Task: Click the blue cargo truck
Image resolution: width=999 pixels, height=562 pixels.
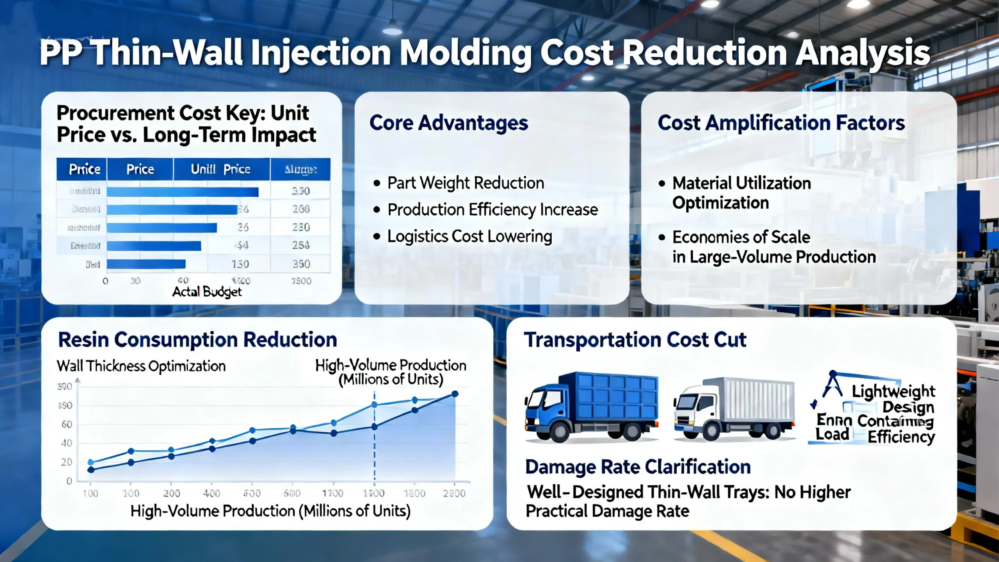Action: tap(592, 406)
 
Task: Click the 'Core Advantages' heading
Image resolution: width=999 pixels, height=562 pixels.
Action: tap(448, 123)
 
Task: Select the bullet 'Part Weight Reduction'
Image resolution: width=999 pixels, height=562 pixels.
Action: tap(465, 183)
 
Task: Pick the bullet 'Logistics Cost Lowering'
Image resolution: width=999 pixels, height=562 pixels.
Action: tap(469, 237)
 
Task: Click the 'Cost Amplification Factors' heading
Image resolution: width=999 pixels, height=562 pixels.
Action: tap(781, 123)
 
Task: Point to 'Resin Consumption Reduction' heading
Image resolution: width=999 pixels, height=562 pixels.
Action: tap(197, 340)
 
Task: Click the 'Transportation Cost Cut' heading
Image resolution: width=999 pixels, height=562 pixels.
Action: tap(635, 340)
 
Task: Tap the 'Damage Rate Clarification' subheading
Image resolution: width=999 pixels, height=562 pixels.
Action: tap(638, 467)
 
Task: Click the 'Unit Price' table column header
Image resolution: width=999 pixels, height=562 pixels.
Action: tap(220, 169)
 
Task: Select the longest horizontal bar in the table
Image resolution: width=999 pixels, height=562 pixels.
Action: tap(183, 192)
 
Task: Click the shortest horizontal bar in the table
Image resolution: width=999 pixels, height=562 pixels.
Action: tap(146, 264)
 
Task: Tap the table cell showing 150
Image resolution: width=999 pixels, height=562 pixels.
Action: tap(240, 264)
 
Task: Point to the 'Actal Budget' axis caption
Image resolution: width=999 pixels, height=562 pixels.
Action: tap(207, 292)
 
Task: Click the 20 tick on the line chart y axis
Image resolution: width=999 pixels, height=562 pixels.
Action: tap(67, 462)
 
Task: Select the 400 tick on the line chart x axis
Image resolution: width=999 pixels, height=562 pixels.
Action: tap(212, 493)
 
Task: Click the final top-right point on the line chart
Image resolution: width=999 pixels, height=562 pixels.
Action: tap(455, 394)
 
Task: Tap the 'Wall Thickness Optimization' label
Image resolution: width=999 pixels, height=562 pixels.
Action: tap(141, 366)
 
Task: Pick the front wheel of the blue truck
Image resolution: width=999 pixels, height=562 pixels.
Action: tap(560, 431)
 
